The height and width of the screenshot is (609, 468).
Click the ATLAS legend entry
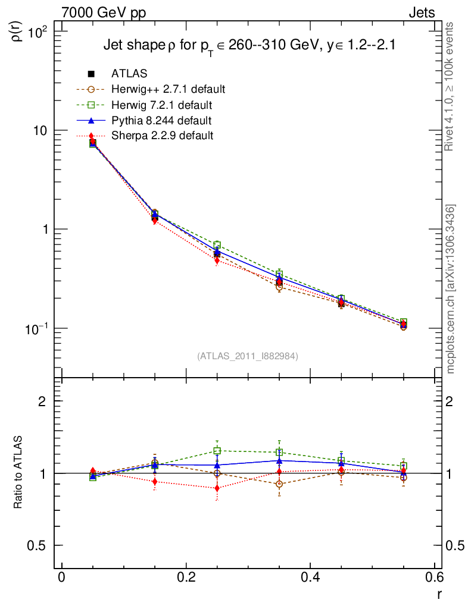(x=129, y=74)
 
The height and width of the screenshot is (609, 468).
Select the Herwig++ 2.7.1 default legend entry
(x=168, y=89)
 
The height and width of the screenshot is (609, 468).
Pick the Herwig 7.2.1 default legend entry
(x=162, y=105)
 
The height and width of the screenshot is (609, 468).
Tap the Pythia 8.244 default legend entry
(x=161, y=121)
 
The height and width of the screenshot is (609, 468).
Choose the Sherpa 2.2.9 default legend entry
(x=162, y=136)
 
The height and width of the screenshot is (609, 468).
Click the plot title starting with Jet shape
(x=249, y=46)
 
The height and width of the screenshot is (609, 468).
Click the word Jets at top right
(x=421, y=12)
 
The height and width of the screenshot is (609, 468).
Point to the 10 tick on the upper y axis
(x=43, y=130)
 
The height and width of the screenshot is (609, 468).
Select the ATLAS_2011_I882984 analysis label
(x=248, y=356)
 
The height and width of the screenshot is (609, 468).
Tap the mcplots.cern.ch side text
(x=451, y=288)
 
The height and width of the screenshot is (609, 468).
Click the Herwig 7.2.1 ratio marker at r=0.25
(x=217, y=451)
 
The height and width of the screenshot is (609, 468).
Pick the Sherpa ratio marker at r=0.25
(x=217, y=488)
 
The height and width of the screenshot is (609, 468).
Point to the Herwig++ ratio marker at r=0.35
(x=279, y=484)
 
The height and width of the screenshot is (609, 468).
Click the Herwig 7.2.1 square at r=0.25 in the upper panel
(x=217, y=245)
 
